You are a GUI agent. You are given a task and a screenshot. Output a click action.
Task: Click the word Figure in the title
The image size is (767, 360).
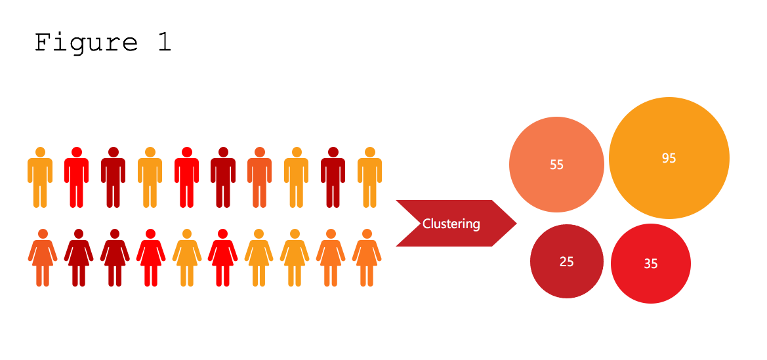[86, 43]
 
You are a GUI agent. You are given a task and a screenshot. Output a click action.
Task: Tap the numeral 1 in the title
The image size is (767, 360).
[164, 43]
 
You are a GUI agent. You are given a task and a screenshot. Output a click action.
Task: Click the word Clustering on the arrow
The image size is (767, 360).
[451, 224]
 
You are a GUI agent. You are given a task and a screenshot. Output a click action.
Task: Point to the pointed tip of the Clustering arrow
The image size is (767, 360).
[515, 224]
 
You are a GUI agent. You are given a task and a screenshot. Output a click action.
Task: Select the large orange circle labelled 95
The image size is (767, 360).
[669, 158]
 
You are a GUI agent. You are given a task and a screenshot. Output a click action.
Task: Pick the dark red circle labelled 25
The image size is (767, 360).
[567, 262]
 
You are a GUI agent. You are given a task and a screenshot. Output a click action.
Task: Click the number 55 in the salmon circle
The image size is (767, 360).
[556, 165]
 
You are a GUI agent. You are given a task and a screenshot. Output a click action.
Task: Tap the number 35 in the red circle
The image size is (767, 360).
[650, 264]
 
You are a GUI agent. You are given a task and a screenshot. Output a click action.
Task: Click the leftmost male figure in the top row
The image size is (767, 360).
[40, 178]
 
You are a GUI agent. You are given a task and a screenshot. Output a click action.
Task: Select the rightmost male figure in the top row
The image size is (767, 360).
[370, 178]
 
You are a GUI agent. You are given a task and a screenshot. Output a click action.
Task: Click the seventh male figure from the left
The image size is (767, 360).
[260, 178]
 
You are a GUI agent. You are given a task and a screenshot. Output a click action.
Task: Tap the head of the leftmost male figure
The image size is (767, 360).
[40, 152]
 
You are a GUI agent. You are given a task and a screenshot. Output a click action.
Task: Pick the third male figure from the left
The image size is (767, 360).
[113, 178]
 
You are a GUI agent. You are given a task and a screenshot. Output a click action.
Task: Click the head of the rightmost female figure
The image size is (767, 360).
[367, 233]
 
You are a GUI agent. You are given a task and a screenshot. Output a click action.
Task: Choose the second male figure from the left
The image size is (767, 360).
[76, 178]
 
